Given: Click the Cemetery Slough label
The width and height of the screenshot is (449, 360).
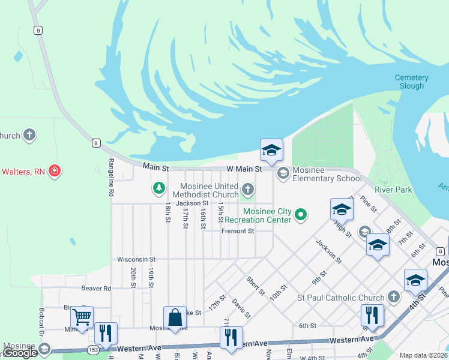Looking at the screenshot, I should pyautogui.click(x=411, y=82).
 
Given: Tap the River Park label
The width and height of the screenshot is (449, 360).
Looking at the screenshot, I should pyautogui.click(x=394, y=190).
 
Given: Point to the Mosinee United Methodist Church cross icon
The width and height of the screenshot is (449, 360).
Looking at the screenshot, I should pyautogui.click(x=247, y=190).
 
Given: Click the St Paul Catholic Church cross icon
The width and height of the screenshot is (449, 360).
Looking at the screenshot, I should pyautogui.click(x=393, y=297).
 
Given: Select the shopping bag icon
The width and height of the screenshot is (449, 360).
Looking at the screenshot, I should pyautogui.click(x=175, y=317).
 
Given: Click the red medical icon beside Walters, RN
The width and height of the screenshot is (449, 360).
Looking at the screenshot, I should pyautogui.click(x=55, y=171).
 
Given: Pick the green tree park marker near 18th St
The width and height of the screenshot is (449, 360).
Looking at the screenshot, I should pyautogui.click(x=159, y=189).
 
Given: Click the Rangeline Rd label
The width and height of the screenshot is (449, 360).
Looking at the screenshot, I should pyautogui.click(x=111, y=178).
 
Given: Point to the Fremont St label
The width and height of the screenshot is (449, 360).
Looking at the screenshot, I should pyautogui.click(x=238, y=231).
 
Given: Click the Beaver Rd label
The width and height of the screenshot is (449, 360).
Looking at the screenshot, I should pyautogui.click(x=97, y=288).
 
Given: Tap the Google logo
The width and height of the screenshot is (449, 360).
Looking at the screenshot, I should pyautogui.click(x=20, y=353).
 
